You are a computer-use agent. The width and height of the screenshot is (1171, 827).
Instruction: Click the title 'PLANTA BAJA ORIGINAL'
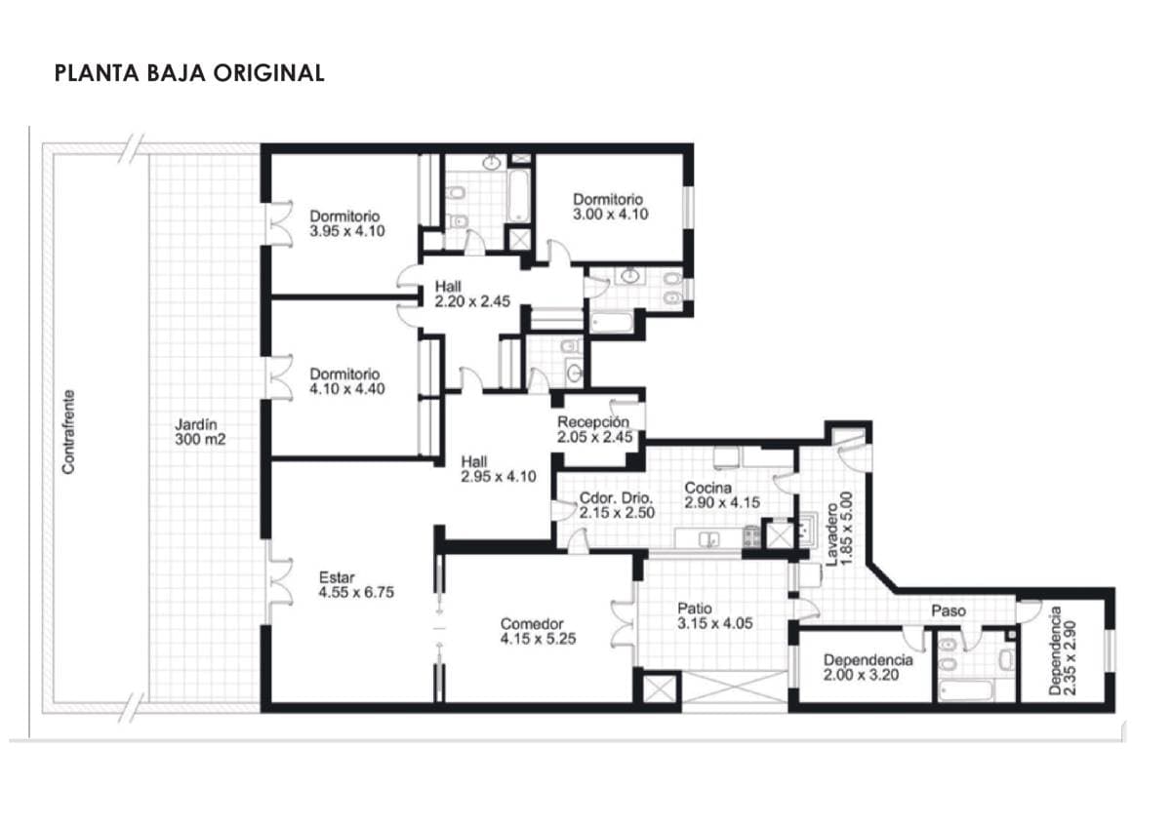pos(189,73)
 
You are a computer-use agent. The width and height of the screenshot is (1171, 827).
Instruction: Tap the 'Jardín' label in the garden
pos(196,425)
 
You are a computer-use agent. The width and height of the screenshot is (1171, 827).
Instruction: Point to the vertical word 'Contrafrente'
pos(68,432)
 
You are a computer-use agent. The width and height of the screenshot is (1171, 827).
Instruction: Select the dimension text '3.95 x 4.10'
pos(347,231)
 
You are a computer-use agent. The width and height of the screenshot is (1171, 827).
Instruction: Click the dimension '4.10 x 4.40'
pos(347,389)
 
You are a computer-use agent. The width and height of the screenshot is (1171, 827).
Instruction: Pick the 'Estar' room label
pos(337,577)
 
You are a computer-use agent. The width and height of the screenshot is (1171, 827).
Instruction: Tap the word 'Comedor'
pos(532,624)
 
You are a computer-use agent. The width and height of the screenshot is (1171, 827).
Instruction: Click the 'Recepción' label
pos(593,422)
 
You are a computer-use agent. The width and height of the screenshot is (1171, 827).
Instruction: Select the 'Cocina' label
pos(707,488)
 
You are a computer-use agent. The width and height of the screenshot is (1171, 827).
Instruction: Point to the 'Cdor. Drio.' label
pos(617,498)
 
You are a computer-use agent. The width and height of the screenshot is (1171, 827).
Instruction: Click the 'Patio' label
pos(695,609)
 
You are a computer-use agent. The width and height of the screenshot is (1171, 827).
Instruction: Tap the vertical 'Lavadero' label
pos(831,534)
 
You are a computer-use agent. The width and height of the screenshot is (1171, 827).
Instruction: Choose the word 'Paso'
pos(949,610)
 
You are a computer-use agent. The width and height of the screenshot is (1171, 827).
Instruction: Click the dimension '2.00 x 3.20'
pos(862,675)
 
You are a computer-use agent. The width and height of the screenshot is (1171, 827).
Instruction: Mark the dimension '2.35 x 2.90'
pos(1070,657)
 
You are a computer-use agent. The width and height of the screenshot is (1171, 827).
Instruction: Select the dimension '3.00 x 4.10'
pos(611,215)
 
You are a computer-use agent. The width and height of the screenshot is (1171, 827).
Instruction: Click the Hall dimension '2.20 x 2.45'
pos(472,301)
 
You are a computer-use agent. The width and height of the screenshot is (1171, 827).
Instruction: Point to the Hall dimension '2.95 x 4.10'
pos(499,477)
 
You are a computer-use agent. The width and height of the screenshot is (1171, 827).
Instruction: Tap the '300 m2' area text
pos(200,440)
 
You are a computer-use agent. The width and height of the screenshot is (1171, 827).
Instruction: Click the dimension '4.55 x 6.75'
pos(356,592)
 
